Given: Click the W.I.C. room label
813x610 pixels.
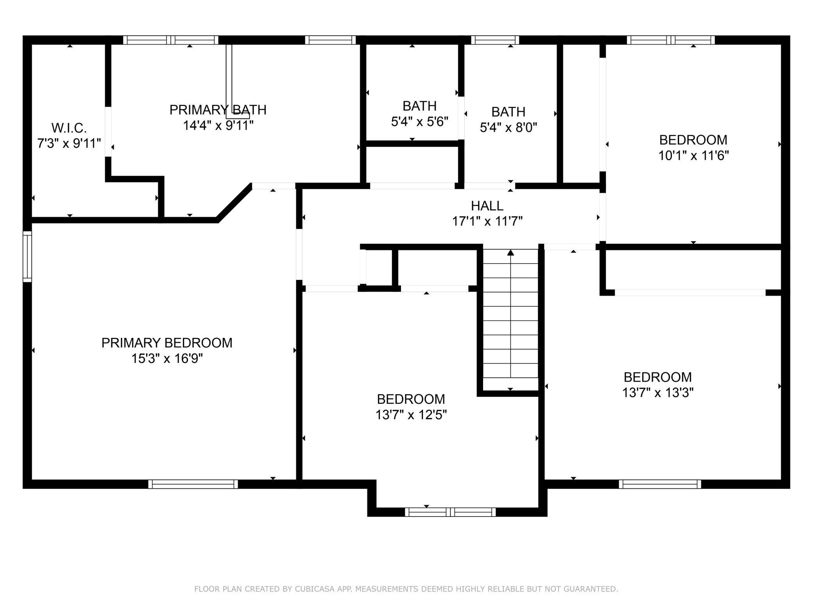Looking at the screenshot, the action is (69, 128).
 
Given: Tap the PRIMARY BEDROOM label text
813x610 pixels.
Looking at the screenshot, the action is (167, 343).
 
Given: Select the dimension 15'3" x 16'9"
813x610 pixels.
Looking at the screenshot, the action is (167, 359).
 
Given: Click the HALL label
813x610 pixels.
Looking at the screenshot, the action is (487, 206).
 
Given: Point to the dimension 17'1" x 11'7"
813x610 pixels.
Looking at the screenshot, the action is (487, 221).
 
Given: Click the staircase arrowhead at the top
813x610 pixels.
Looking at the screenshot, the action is (510, 253).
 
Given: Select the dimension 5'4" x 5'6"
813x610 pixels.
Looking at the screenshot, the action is (419, 122).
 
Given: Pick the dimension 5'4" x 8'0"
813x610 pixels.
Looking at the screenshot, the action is (508, 127).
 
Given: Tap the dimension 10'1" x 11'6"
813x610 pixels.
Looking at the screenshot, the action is (693, 156).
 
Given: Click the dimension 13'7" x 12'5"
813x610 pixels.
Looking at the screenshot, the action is (411, 414).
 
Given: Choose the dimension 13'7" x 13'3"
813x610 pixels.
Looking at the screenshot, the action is (658, 393).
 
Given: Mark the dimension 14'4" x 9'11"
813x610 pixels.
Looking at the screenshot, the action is (218, 126).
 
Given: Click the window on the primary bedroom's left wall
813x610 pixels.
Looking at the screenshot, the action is (27, 257).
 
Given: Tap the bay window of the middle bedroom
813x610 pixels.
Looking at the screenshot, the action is (450, 512).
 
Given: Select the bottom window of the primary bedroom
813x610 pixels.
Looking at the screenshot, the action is (193, 484).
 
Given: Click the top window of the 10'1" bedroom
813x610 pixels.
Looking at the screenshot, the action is (671, 40).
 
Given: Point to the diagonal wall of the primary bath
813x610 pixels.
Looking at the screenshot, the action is (234, 203).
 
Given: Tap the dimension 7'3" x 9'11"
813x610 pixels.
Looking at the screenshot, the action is (69, 144).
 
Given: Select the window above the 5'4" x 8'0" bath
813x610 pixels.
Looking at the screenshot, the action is (495, 40).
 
